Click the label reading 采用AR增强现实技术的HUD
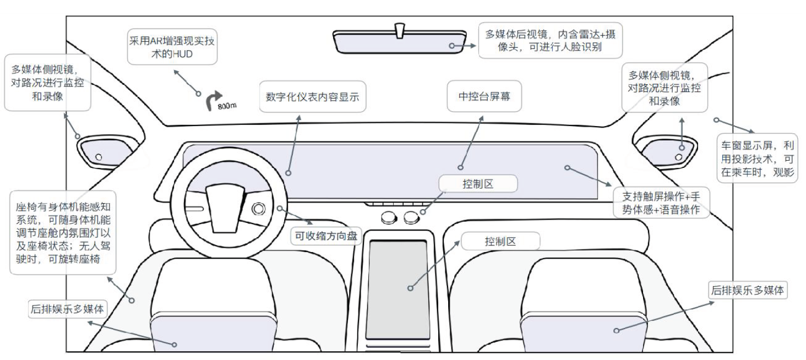click(172, 47)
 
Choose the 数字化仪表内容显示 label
click(312, 97)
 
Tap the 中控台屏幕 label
click(484, 97)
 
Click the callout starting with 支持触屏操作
click(660, 203)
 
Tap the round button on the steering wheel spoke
click(259, 209)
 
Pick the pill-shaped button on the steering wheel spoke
click(193, 209)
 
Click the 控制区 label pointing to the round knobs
click(477, 184)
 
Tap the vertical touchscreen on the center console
click(397, 289)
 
